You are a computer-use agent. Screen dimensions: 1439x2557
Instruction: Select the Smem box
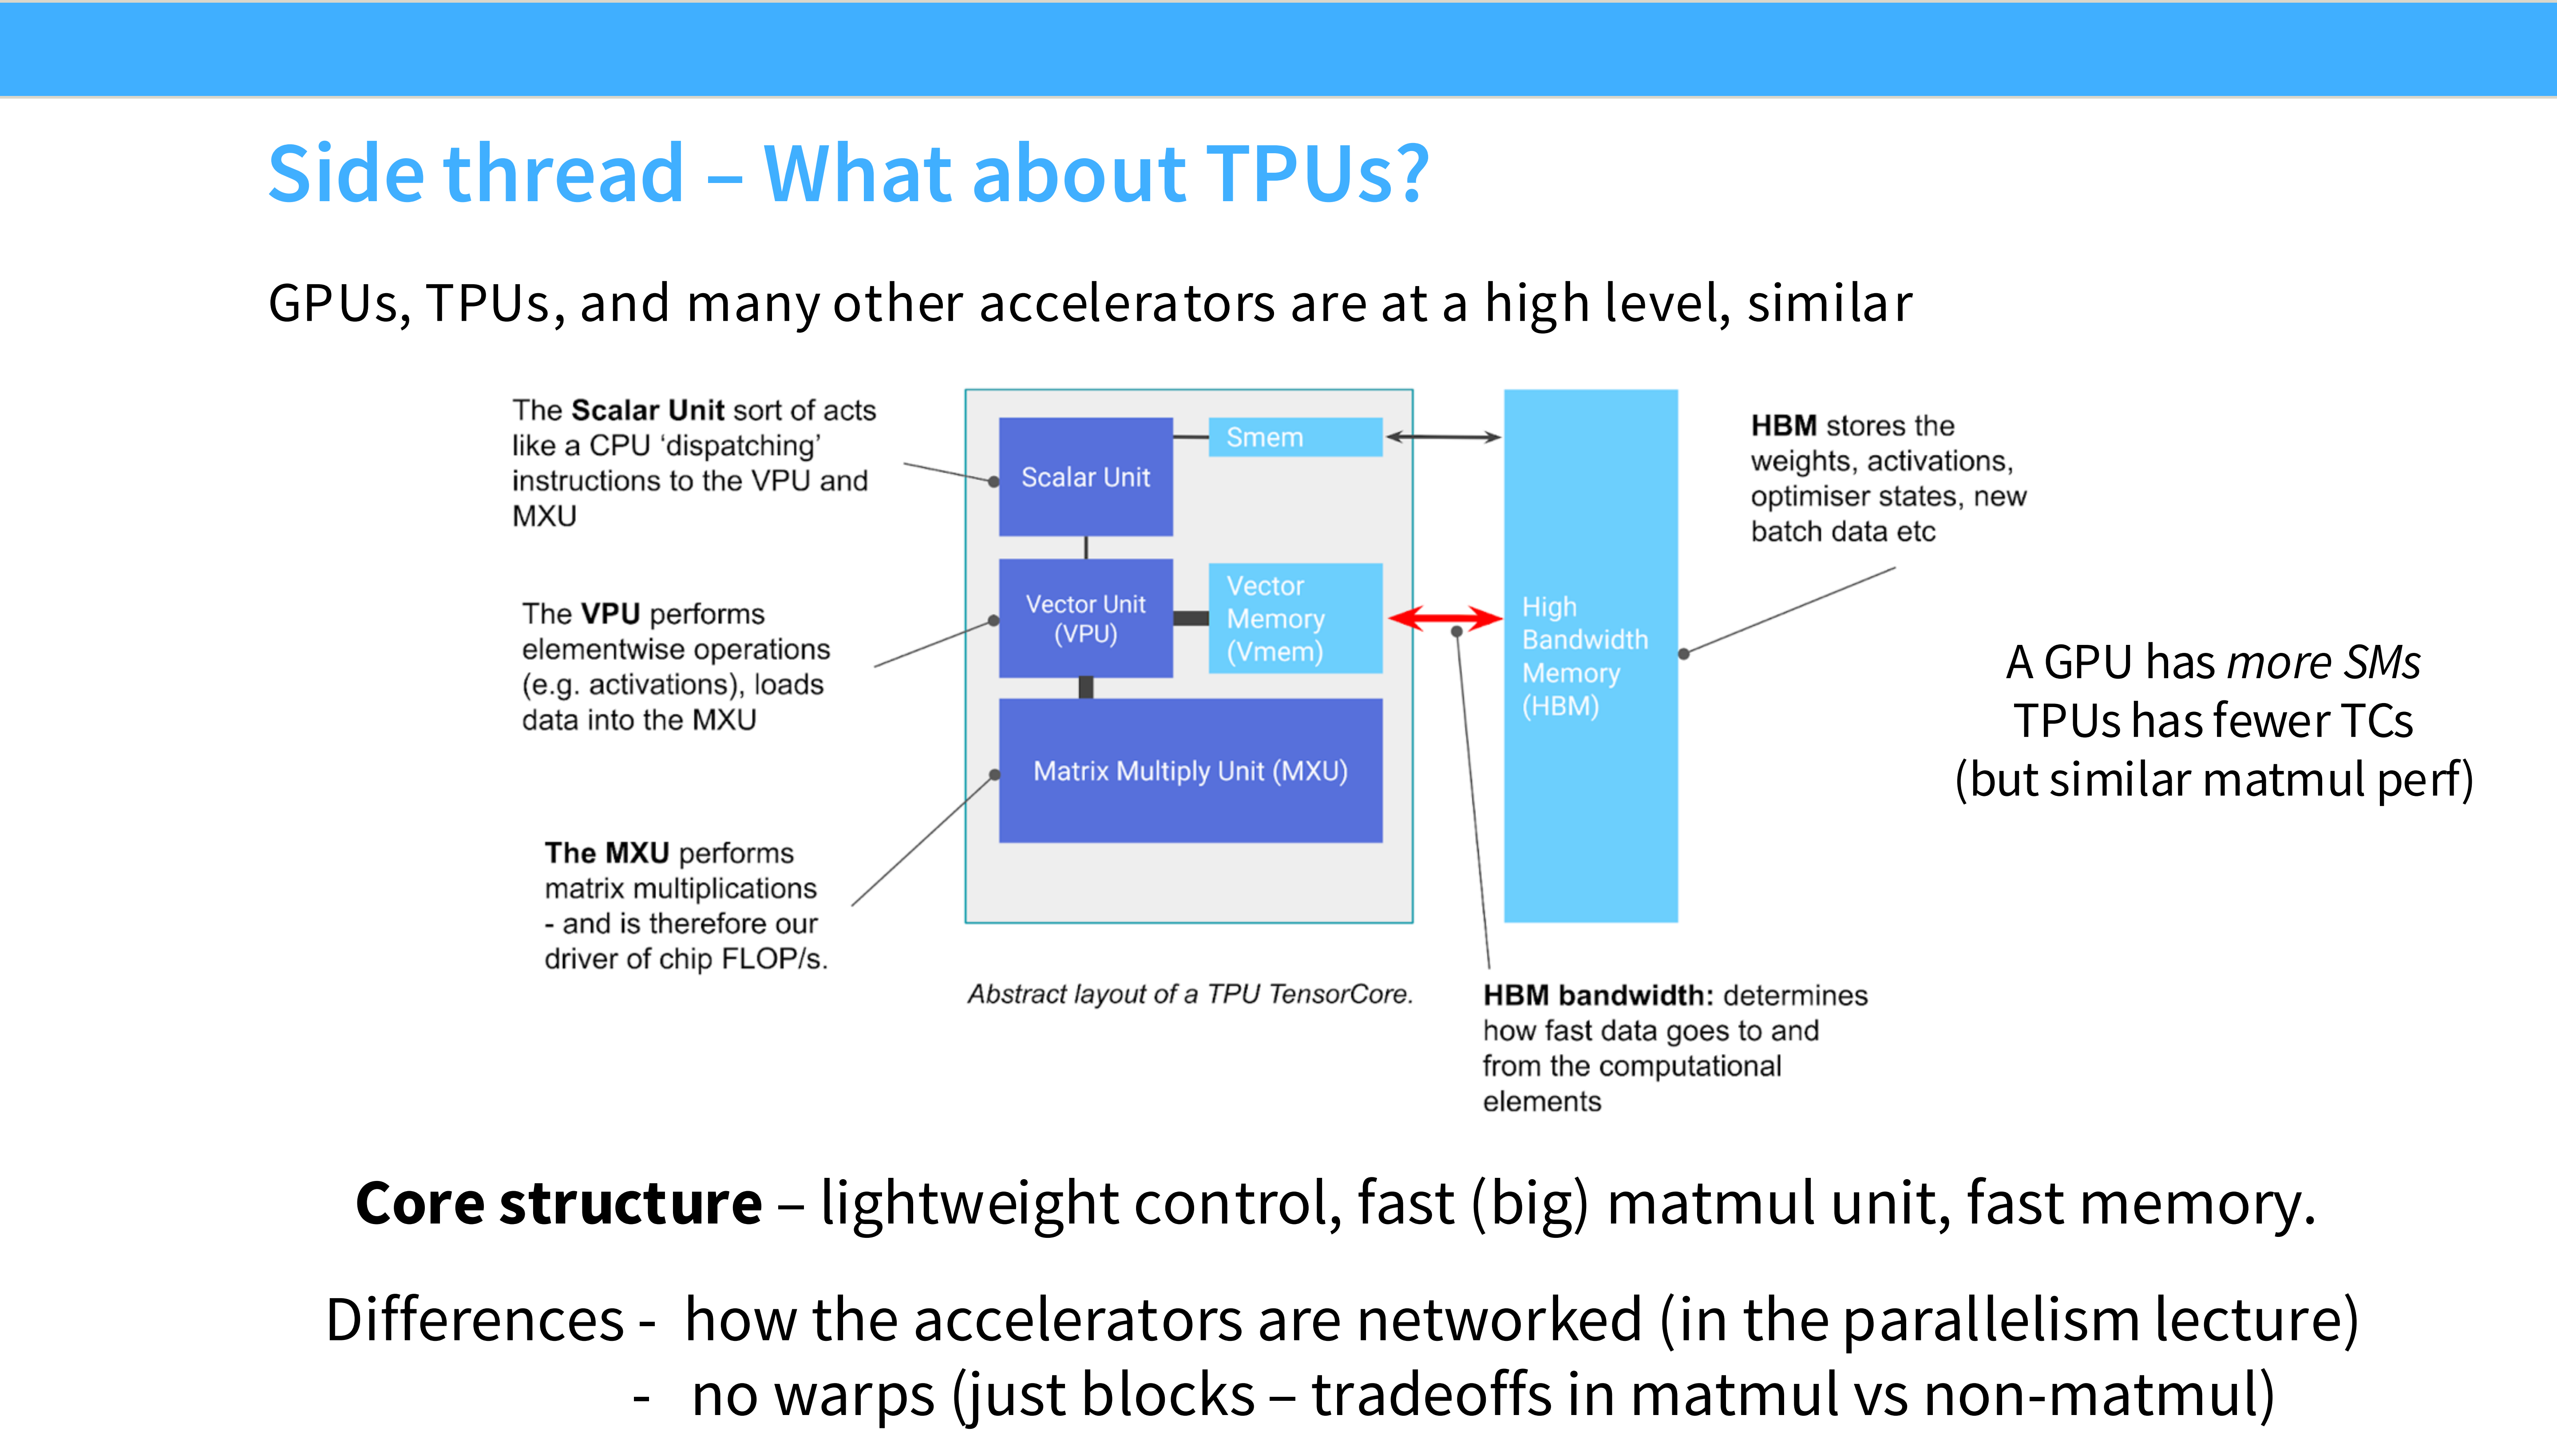(x=1294, y=437)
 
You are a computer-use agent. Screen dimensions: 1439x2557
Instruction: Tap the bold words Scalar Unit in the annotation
(x=647, y=410)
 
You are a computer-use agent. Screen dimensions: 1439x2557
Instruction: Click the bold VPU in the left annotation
(x=610, y=614)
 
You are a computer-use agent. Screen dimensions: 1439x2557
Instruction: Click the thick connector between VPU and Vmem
(x=1190, y=618)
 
